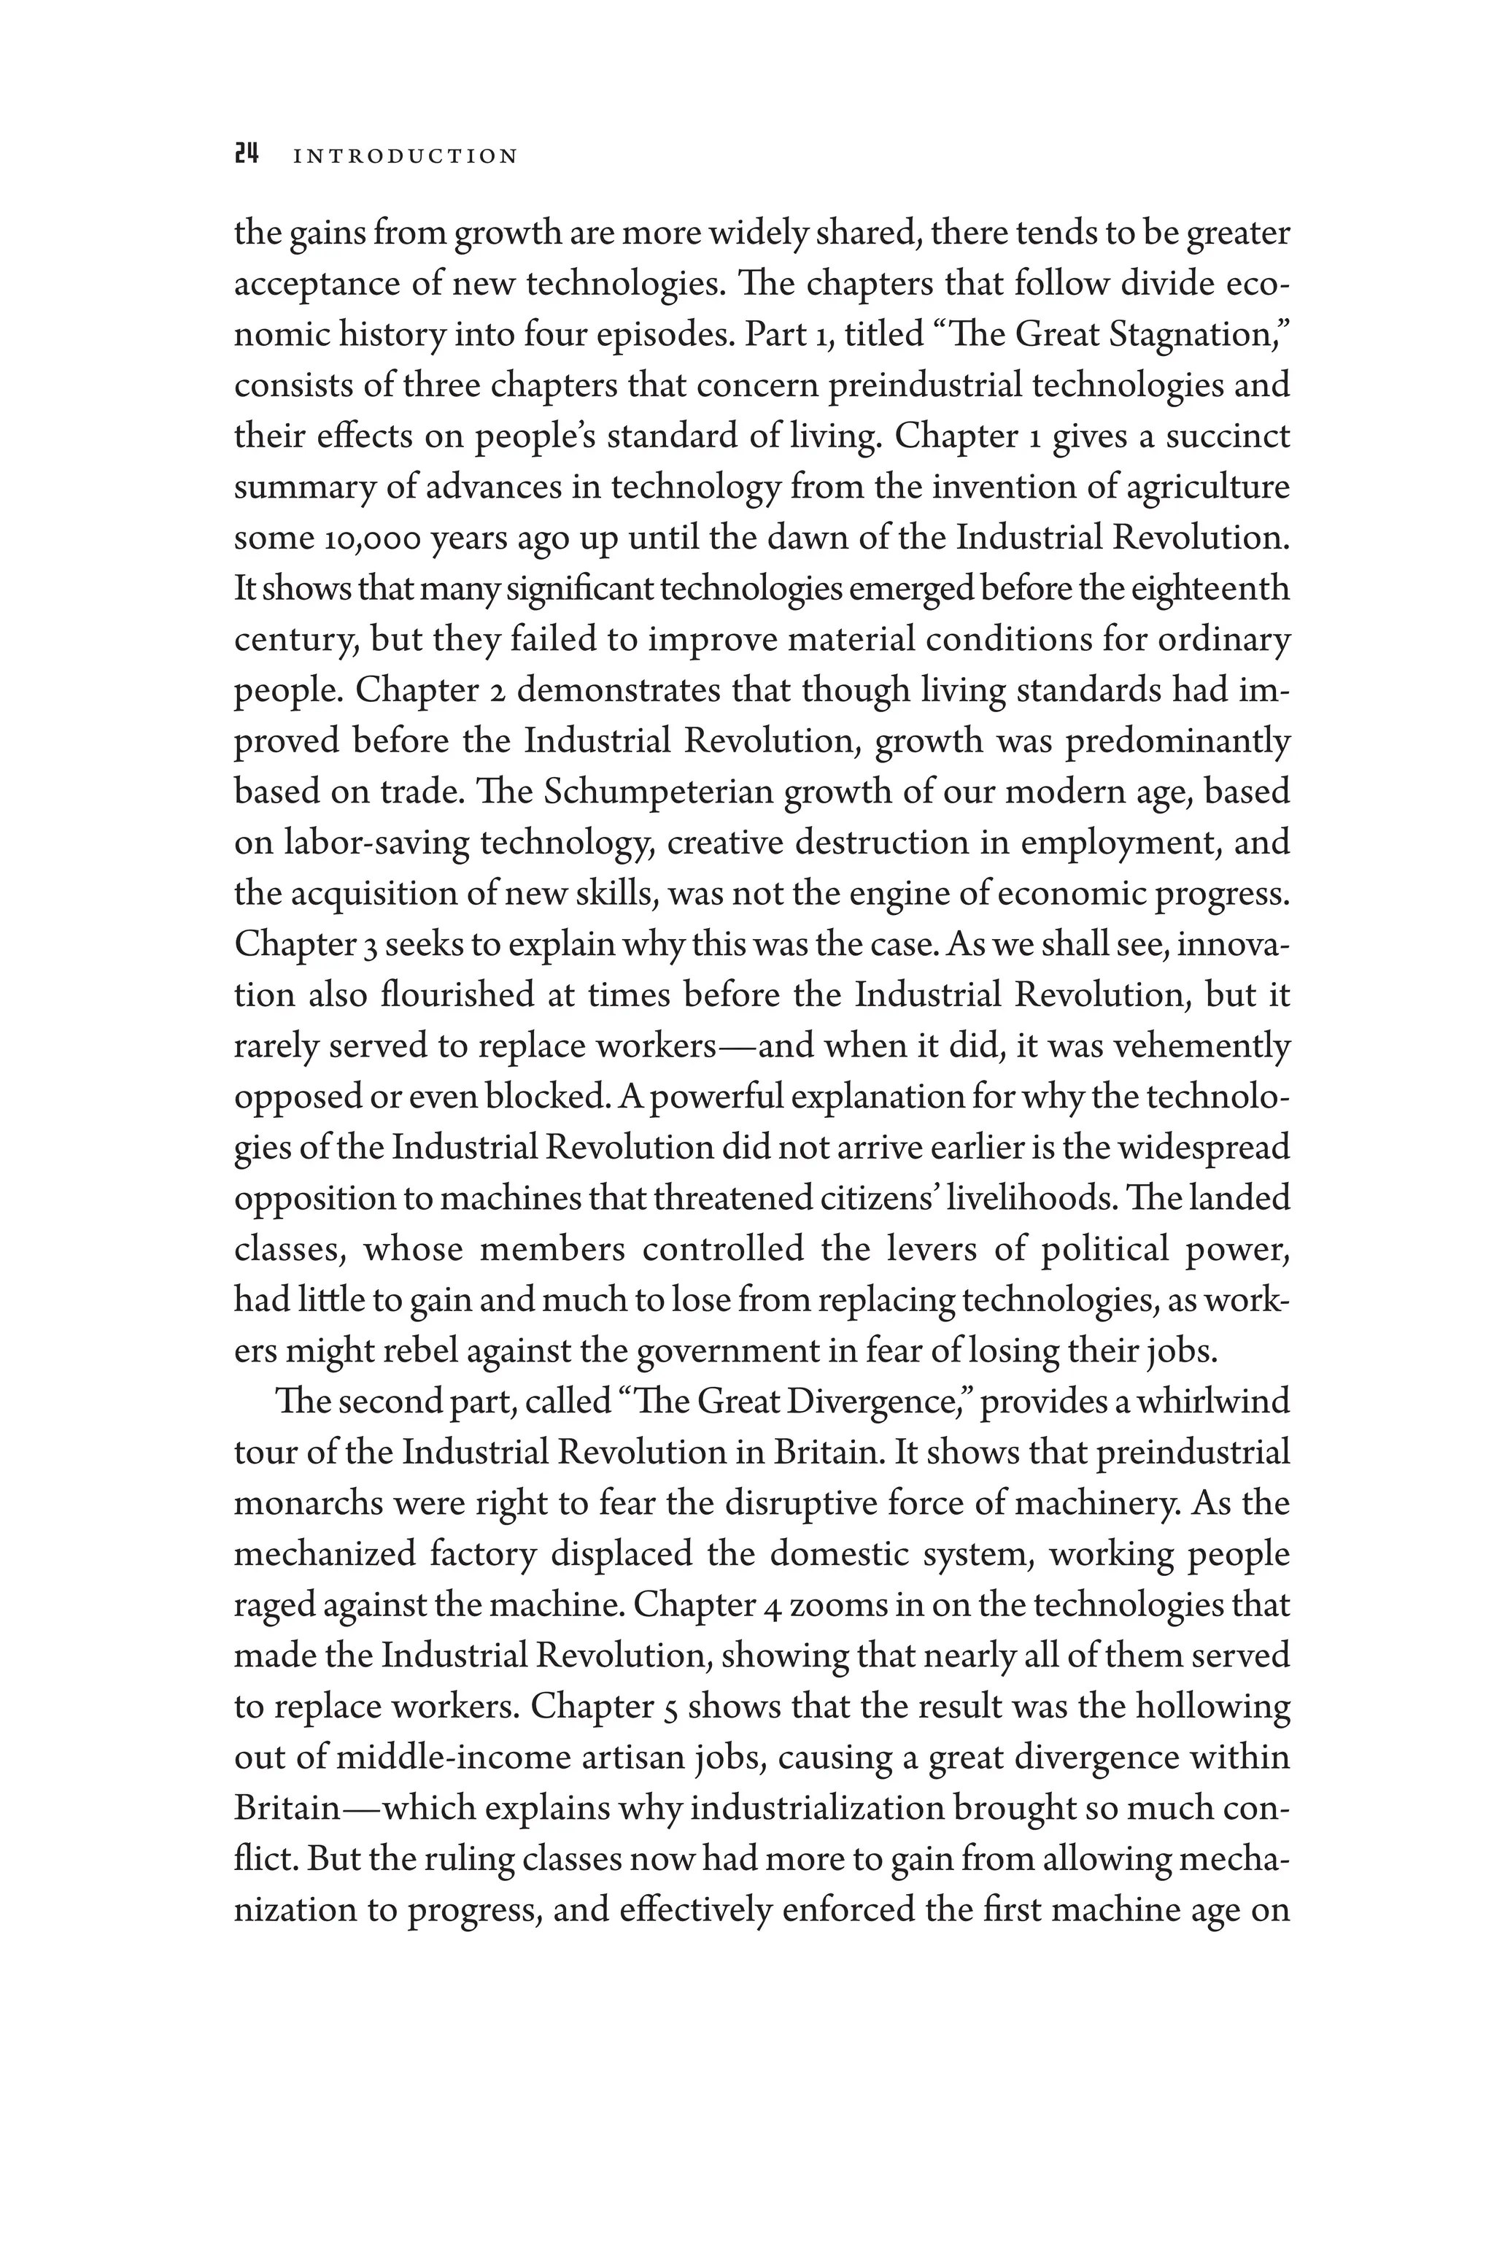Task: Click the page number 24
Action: [247, 155]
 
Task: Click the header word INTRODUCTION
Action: [405, 156]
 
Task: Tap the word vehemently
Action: [1201, 1046]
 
